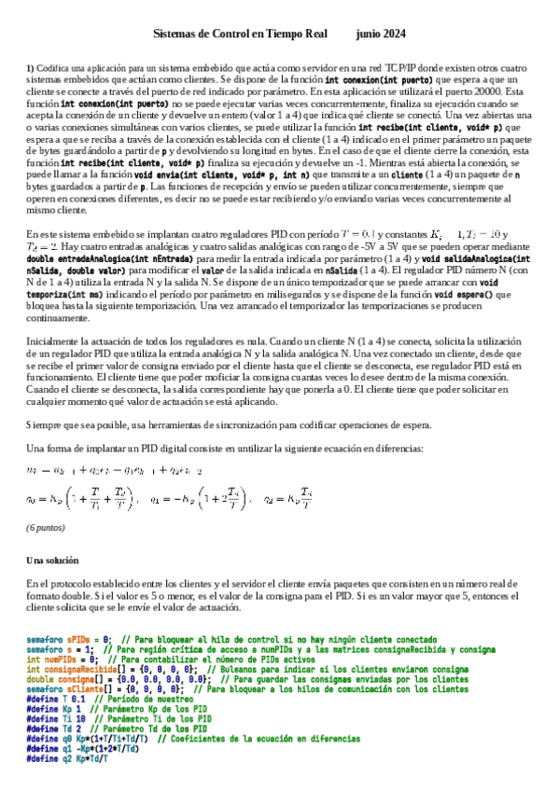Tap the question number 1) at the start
pos(31,70)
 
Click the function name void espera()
pos(485,268)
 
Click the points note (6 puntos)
pos(45,527)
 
